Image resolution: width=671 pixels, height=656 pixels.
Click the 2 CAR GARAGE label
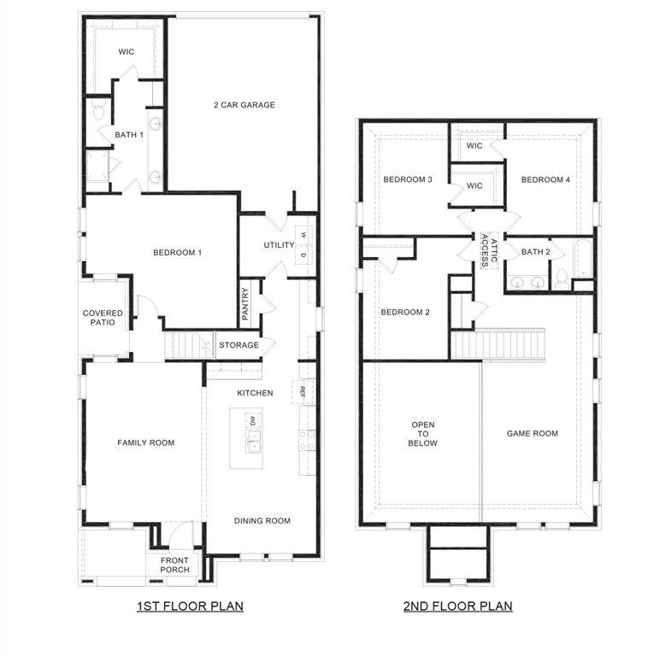[x=244, y=105]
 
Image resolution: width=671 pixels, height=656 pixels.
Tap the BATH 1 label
[x=129, y=134]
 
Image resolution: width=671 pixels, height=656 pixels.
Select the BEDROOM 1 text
[x=177, y=252]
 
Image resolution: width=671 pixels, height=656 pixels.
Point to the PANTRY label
[x=245, y=303]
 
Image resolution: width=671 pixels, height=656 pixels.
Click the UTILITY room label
[x=279, y=245]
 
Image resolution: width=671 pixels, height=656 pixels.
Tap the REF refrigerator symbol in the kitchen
[x=302, y=392]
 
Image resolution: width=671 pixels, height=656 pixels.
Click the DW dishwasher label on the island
[x=252, y=420]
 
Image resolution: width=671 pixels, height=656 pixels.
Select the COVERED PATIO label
[x=103, y=319]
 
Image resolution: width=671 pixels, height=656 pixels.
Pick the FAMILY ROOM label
[x=145, y=442]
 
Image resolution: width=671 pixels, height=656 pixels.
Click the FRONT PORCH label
[x=174, y=565]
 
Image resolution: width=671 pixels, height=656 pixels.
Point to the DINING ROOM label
[x=262, y=520]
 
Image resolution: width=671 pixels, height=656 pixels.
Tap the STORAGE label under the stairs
[x=238, y=345]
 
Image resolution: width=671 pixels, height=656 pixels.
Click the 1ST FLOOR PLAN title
[x=190, y=606]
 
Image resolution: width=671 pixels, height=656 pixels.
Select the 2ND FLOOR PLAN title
[x=458, y=606]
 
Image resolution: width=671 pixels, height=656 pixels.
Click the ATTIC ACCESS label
[x=486, y=250]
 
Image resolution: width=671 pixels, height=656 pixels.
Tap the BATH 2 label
[x=535, y=252]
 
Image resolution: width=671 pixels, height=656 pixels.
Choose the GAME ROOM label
[x=532, y=433]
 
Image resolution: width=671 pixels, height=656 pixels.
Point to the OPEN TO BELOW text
[x=423, y=433]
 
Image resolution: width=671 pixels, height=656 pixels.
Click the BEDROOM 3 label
[x=407, y=179]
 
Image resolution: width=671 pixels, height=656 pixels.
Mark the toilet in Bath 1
[x=97, y=112]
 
